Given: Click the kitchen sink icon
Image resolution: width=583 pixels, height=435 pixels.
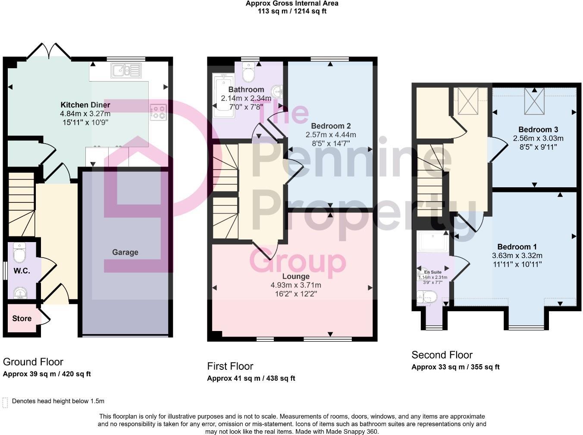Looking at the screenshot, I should pos(126,70).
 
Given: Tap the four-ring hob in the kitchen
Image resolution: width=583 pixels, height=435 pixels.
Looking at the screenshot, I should pos(158,112).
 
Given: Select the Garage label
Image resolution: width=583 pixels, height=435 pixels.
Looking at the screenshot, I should pos(125,252).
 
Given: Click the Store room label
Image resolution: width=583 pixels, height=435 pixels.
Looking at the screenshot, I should pos(22,318).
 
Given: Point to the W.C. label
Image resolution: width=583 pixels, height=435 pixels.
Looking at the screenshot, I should pos(22,271).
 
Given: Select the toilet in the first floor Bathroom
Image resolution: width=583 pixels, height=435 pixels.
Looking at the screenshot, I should pos(249,72).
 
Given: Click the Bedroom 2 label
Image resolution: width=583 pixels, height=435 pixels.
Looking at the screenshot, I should pos(331,126).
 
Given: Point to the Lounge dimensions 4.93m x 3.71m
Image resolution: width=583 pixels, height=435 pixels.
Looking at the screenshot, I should pos(296,285).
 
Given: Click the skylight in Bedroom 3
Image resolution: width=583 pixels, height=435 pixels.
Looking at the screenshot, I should pos(534,101).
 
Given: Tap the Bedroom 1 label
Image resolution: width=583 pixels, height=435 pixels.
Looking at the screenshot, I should pos(517,247).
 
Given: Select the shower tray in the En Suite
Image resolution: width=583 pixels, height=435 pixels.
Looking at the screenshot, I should pos(433,241).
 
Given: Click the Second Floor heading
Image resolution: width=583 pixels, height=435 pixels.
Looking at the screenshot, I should pos(442,355).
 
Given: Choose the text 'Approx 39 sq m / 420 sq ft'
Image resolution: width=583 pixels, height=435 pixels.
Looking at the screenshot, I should pos(47,374).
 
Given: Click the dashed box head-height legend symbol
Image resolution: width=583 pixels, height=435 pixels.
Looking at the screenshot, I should pos(5,402).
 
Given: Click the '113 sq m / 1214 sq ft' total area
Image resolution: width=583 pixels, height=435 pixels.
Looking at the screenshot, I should pos(292,11).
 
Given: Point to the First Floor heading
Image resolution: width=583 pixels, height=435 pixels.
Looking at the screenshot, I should pos(230,366).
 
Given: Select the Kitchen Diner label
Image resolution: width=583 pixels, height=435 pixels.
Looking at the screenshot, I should pos(85,105).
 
